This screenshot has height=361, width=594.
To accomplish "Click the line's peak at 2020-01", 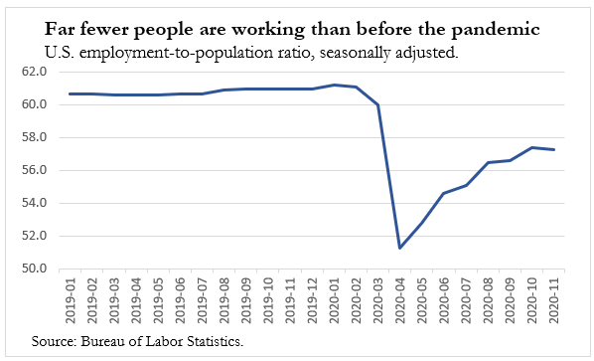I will coord(335,85).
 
